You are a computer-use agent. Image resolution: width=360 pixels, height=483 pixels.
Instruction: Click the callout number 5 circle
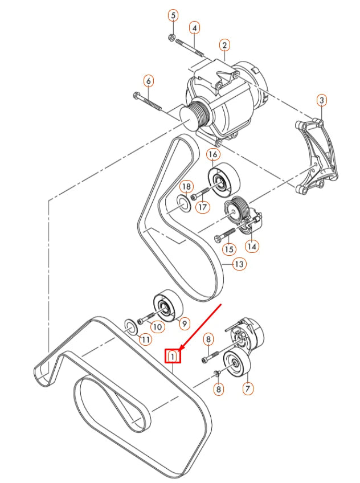[173, 15]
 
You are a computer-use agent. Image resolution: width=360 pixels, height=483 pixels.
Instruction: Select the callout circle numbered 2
[225, 44]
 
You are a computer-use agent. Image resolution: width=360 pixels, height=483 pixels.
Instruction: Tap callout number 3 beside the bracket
[322, 101]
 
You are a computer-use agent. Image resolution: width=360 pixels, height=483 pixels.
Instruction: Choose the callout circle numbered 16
[212, 154]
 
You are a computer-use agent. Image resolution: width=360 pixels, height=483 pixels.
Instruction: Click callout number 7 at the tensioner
[248, 389]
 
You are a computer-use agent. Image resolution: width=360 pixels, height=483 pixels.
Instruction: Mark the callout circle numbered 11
[146, 339]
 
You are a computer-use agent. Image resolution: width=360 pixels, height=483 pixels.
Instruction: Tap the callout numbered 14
[252, 246]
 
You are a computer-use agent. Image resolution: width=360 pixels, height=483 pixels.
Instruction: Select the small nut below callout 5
[171, 38]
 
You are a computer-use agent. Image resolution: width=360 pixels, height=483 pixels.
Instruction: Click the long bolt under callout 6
[148, 101]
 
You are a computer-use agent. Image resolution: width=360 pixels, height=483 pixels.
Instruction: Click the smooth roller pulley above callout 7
[237, 363]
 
